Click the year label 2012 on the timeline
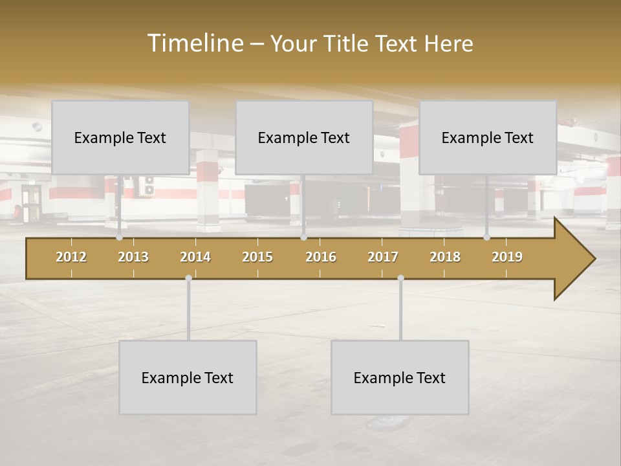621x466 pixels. point(71,257)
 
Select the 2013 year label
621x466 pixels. point(133,257)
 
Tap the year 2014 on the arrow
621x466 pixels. point(195,257)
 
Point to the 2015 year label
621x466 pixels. point(257,257)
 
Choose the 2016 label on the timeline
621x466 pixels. point(321,257)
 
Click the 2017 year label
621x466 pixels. point(383,257)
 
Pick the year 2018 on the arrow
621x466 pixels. point(445,257)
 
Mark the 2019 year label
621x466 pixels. point(507,257)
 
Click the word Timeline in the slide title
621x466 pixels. point(195,43)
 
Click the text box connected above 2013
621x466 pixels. point(120,137)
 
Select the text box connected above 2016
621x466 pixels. point(304,137)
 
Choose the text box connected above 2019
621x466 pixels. point(488,137)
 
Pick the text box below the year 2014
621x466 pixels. point(188,377)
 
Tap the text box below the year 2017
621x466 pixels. point(400,377)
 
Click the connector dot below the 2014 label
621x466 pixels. point(188,278)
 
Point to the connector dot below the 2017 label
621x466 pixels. point(400,278)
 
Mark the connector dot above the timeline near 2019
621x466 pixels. point(486,237)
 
